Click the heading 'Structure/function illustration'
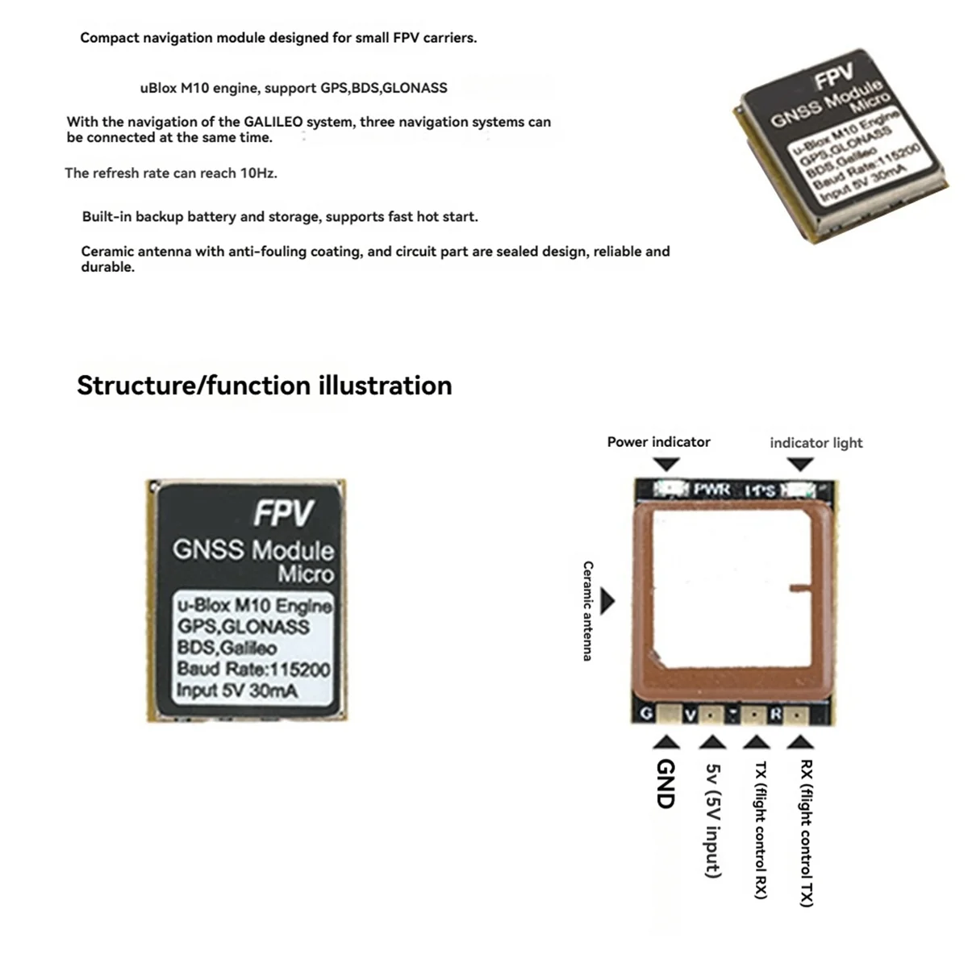tap(264, 386)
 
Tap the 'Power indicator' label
tap(658, 442)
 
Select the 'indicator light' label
tap(816, 443)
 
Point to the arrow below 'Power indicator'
tap(665, 465)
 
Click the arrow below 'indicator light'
tap(799, 465)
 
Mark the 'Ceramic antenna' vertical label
tap(588, 611)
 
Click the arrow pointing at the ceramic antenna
tap(607, 601)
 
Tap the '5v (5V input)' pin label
tap(712, 821)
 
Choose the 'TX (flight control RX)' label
tap(760, 830)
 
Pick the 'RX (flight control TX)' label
tap(806, 833)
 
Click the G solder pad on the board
tap(668, 714)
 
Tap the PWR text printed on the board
tap(711, 489)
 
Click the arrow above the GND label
tap(665, 743)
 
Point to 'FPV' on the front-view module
tap(283, 513)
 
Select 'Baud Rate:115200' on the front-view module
tap(253, 669)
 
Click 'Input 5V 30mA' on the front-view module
tap(236, 691)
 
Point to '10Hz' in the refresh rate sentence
tap(258, 173)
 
